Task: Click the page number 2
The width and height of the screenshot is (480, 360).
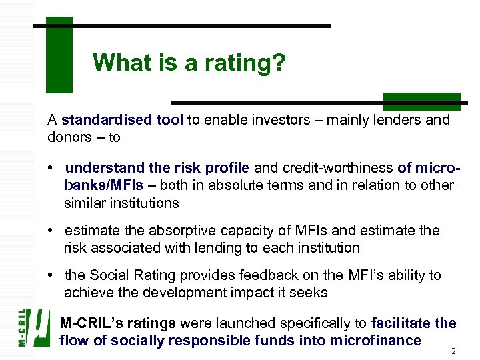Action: pos(453,351)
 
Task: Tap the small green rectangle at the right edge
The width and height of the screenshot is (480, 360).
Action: pos(421,101)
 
